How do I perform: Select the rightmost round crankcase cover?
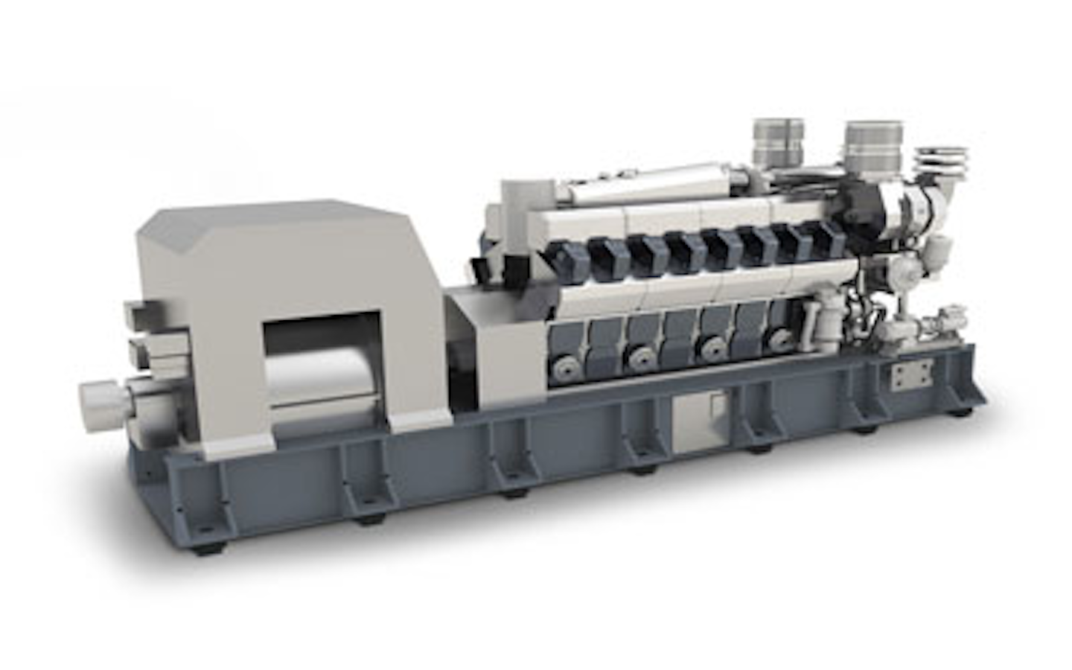tap(779, 339)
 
